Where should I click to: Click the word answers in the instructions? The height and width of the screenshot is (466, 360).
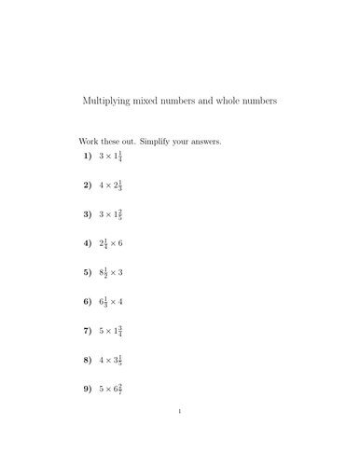pos(207,142)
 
